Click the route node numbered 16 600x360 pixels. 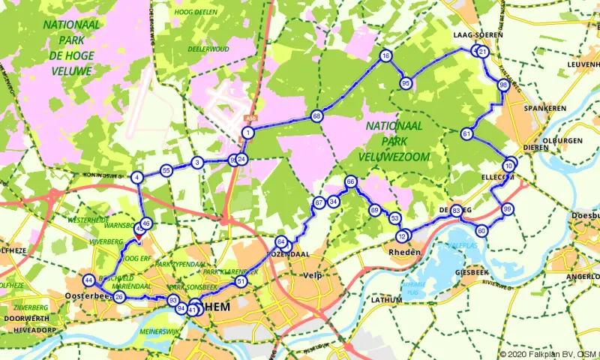pyautogui.click(x=385, y=56)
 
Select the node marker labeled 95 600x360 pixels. pyautogui.click(x=406, y=82)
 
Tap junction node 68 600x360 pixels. pyautogui.click(x=317, y=116)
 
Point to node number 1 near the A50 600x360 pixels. pyautogui.click(x=247, y=133)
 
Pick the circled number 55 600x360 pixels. pyautogui.click(x=166, y=171)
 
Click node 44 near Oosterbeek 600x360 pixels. pyautogui.click(x=89, y=280)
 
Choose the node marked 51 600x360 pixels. pyautogui.click(x=241, y=281)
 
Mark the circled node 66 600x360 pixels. pyautogui.click(x=350, y=182)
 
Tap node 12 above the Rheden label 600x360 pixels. pyautogui.click(x=403, y=236)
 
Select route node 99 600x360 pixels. pyautogui.click(x=508, y=209)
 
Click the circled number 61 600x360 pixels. pyautogui.click(x=466, y=134)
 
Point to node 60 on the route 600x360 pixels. pyautogui.click(x=481, y=230)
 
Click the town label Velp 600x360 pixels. pyautogui.click(x=311, y=275)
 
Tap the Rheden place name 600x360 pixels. pyautogui.click(x=401, y=251)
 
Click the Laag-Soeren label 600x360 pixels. pyautogui.click(x=477, y=35)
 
